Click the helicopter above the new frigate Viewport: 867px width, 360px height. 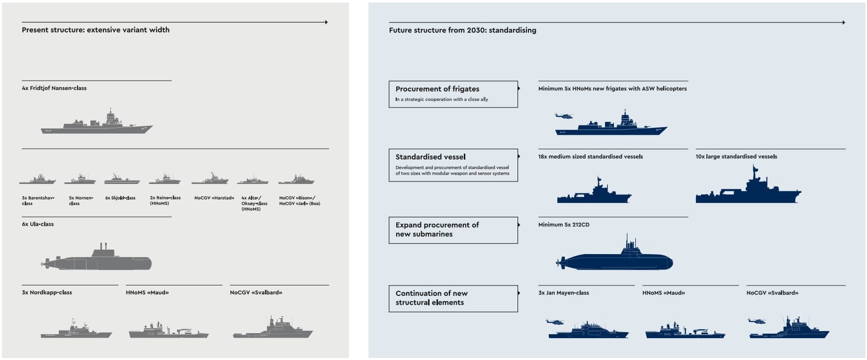564,116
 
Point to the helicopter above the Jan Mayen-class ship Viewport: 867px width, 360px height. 554,322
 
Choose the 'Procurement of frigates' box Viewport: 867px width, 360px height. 453,94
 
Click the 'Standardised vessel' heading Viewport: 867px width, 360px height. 431,157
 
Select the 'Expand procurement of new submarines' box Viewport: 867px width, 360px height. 453,230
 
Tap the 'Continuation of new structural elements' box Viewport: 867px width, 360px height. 453,298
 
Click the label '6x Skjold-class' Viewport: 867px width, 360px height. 120,198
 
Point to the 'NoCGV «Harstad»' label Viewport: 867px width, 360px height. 214,198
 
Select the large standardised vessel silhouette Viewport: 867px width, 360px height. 748,191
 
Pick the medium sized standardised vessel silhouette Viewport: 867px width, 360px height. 594,194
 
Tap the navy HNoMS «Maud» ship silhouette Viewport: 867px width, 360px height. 685,332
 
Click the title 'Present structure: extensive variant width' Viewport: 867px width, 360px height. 95,30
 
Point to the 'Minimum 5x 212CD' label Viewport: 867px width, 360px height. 564,225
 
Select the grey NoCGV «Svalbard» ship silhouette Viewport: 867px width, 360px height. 273,330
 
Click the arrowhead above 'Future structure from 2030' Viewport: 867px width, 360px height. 843,22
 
